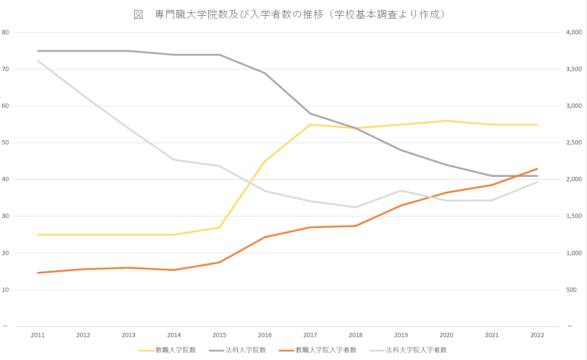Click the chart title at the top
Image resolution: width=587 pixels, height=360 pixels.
tap(289, 15)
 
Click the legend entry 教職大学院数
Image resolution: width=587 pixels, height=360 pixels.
tap(175, 350)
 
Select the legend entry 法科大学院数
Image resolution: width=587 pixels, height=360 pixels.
tap(245, 350)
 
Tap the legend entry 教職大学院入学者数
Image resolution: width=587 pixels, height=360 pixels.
tap(326, 350)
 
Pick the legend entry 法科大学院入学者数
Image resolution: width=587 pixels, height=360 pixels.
tap(416, 350)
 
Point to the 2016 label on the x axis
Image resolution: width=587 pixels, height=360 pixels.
tap(265, 335)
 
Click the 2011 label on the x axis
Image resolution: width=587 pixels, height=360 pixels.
tap(38, 335)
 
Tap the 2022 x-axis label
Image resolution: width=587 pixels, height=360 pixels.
tap(537, 335)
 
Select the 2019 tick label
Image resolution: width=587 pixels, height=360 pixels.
tap(401, 335)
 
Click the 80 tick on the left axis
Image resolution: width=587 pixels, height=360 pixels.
tap(6, 32)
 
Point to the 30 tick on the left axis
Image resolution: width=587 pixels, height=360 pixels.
tap(6, 216)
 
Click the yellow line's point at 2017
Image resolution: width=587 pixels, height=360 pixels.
tap(310, 124)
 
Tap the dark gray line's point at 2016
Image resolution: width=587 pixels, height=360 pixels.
tap(265, 73)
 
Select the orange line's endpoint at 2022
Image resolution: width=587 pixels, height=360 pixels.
tap(537, 169)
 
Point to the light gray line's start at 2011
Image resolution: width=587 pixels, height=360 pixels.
tap(38, 61)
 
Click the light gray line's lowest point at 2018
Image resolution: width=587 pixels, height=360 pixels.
tap(355, 207)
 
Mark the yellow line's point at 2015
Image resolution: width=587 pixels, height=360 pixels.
tap(220, 227)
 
